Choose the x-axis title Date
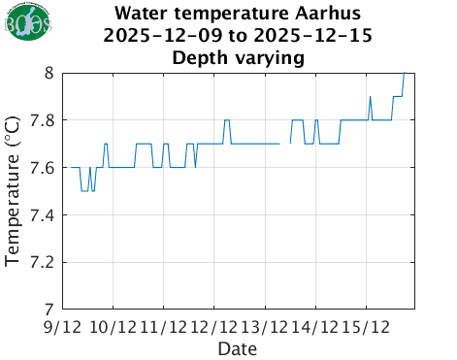point(237,347)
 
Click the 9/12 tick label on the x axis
point(63,326)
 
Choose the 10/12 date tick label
point(114,326)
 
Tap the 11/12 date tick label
point(164,326)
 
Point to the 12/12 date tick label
point(214,326)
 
